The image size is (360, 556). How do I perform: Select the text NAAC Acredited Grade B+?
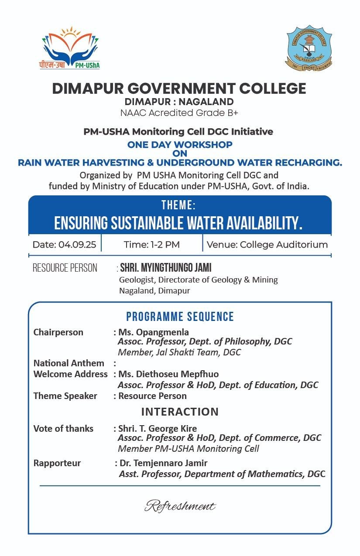click(179, 113)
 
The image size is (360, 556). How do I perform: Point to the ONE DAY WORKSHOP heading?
click(179, 144)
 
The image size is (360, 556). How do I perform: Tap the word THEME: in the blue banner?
click(178, 205)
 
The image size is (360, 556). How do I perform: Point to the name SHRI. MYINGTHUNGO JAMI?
click(165, 268)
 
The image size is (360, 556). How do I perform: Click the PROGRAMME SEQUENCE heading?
click(180, 317)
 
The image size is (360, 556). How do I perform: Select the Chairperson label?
click(58, 332)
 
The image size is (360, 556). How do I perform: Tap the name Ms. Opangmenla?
click(154, 332)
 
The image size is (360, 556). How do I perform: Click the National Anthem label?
click(69, 363)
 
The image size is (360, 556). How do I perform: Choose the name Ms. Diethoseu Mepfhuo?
click(168, 374)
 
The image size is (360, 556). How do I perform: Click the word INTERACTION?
click(180, 412)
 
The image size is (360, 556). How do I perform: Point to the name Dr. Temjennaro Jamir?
click(163, 463)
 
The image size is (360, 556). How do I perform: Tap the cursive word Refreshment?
click(180, 506)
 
